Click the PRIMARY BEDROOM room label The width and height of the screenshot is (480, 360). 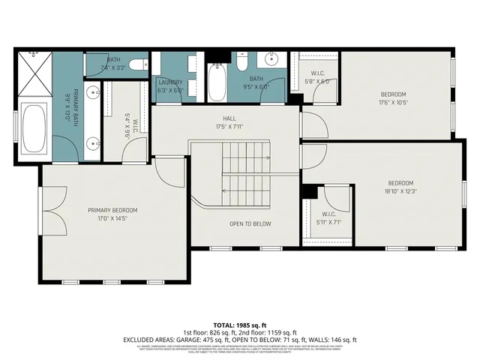point(112,210)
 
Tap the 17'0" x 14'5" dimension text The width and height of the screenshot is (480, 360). point(112,219)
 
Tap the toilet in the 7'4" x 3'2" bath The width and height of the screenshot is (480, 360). point(137,66)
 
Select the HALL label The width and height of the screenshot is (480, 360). point(229,118)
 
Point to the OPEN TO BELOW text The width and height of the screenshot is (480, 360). point(250,223)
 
